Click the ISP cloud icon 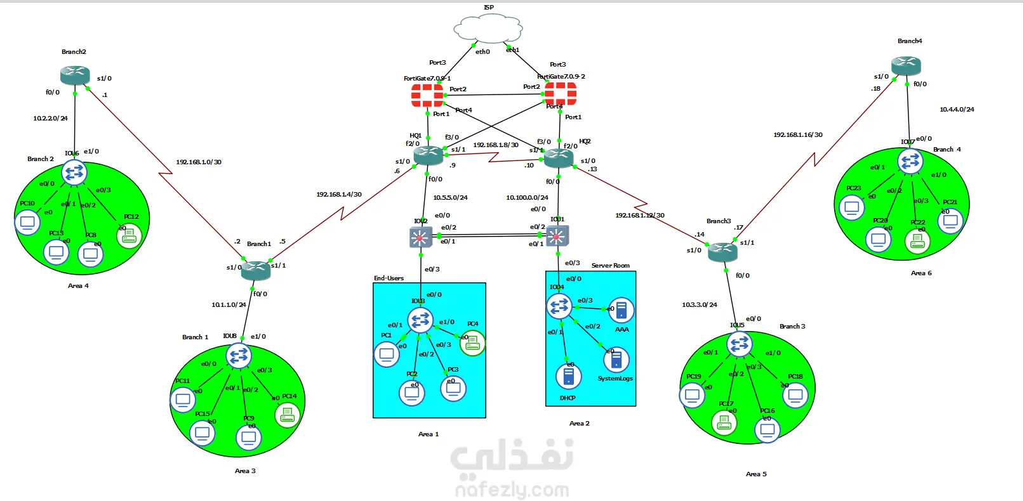tap(488, 29)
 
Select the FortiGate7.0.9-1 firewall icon tap(427, 95)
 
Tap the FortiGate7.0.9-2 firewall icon tap(560, 94)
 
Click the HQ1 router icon tap(428, 155)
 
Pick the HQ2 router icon tap(559, 158)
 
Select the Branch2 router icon tap(75, 75)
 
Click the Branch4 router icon tap(906, 65)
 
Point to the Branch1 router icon tap(256, 270)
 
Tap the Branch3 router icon tap(722, 252)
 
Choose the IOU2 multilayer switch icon tap(420, 237)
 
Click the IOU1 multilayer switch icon tap(557, 237)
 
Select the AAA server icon tap(621, 311)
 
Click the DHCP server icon tap(568, 376)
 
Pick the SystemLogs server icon tap(616, 360)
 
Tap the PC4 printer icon tap(472, 343)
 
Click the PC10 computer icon tap(27, 222)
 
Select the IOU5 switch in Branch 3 tap(740, 344)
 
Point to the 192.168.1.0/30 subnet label tap(199, 162)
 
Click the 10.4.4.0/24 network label tap(957, 110)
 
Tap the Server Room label tap(611, 266)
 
